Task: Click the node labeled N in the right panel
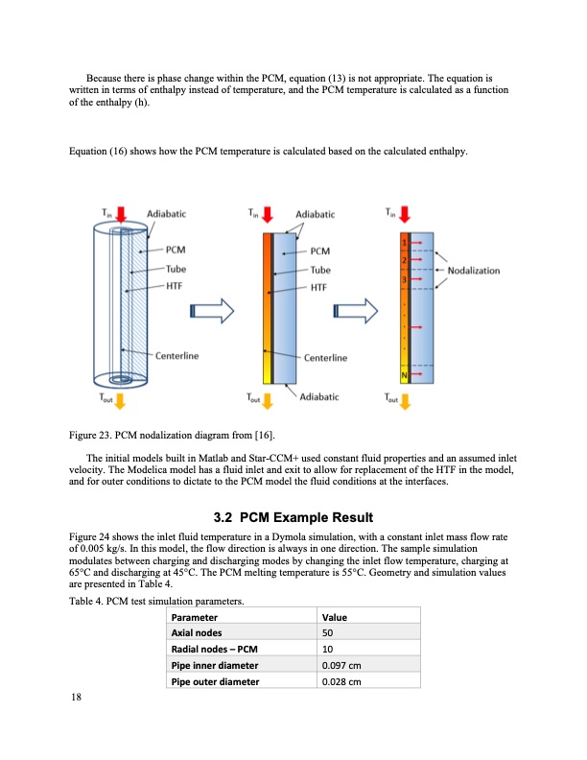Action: [x=405, y=374]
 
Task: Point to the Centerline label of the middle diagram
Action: [x=324, y=358]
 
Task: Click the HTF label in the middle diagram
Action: [x=319, y=286]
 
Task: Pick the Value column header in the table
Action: [x=335, y=618]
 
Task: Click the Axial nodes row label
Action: [x=196, y=634]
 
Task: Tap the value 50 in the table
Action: [x=330, y=634]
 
